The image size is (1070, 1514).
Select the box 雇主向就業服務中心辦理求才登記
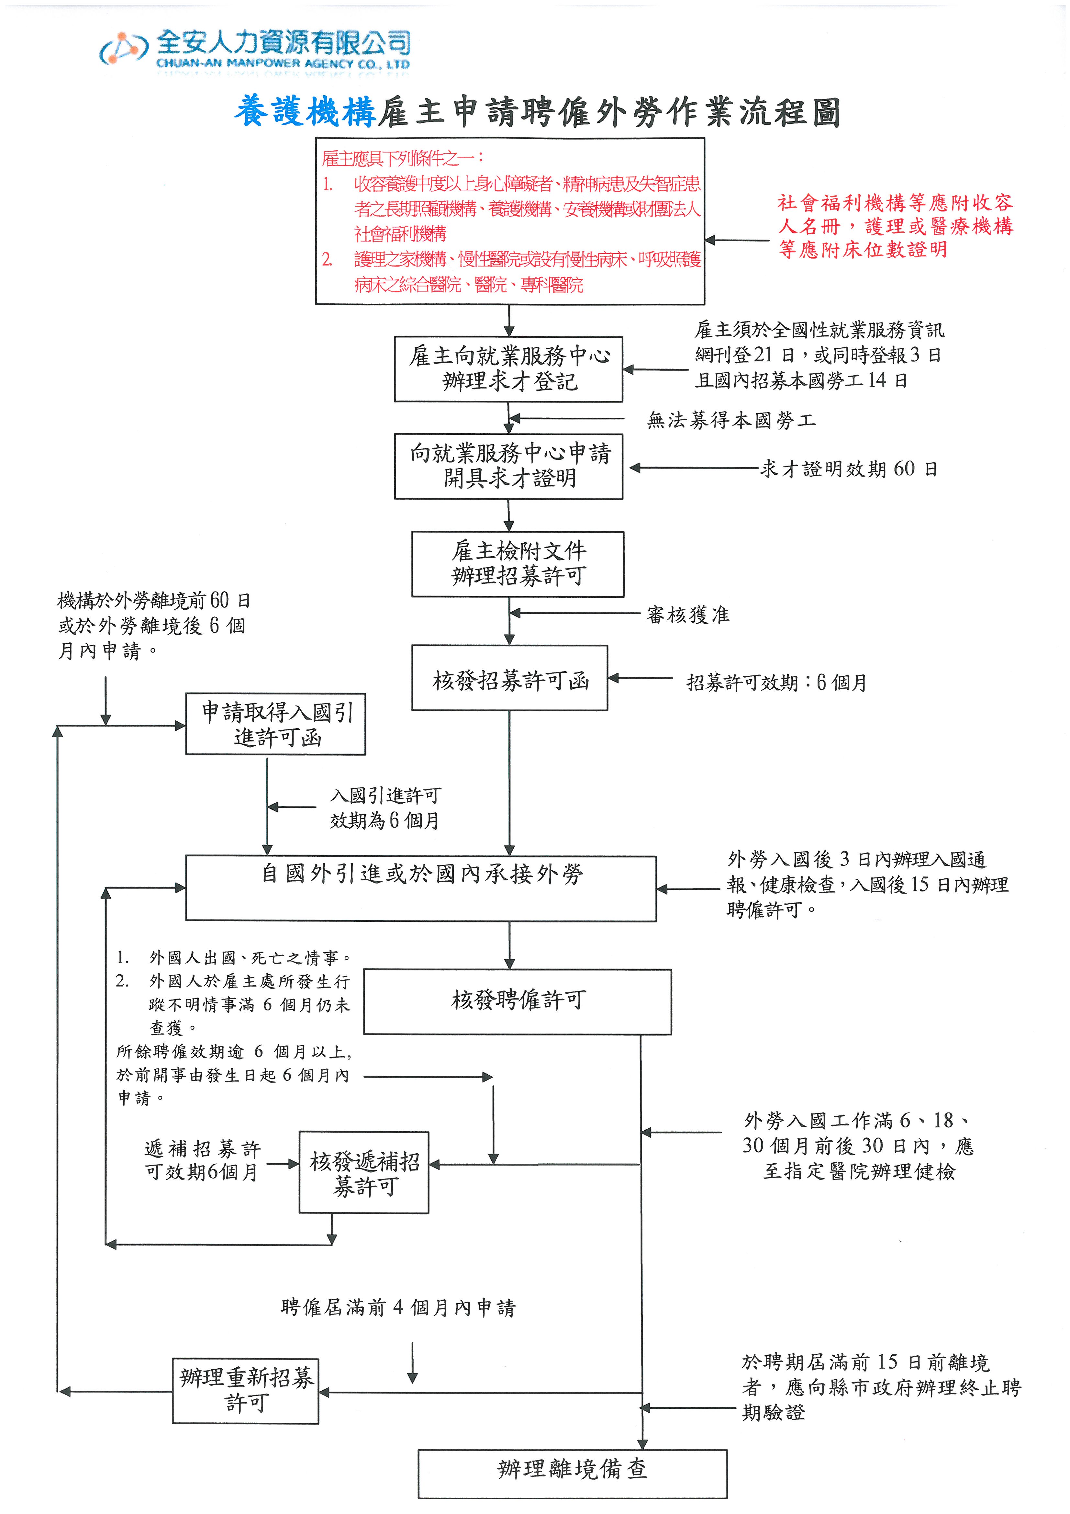(508, 368)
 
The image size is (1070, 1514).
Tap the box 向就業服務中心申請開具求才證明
(508, 466)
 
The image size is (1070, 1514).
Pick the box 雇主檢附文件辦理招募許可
(518, 564)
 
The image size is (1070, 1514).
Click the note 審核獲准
(688, 615)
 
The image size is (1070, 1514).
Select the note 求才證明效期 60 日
(849, 469)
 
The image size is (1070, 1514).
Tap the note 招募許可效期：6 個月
(776, 683)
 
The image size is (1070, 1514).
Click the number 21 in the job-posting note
(762, 355)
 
